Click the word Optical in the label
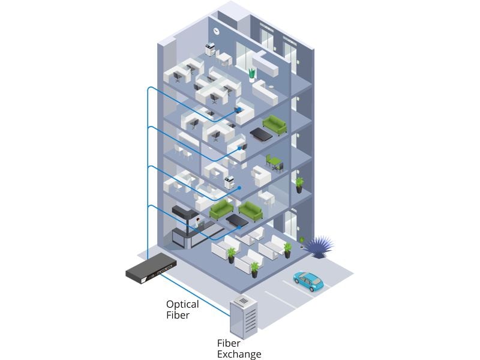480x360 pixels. click(182, 304)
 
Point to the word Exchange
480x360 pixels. click(239, 354)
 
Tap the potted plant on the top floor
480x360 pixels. click(252, 74)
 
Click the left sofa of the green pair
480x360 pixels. click(221, 208)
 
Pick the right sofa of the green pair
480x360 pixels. click(250, 211)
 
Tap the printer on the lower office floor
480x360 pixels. click(229, 182)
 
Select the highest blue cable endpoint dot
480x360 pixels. click(236, 110)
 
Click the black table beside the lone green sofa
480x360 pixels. click(260, 134)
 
